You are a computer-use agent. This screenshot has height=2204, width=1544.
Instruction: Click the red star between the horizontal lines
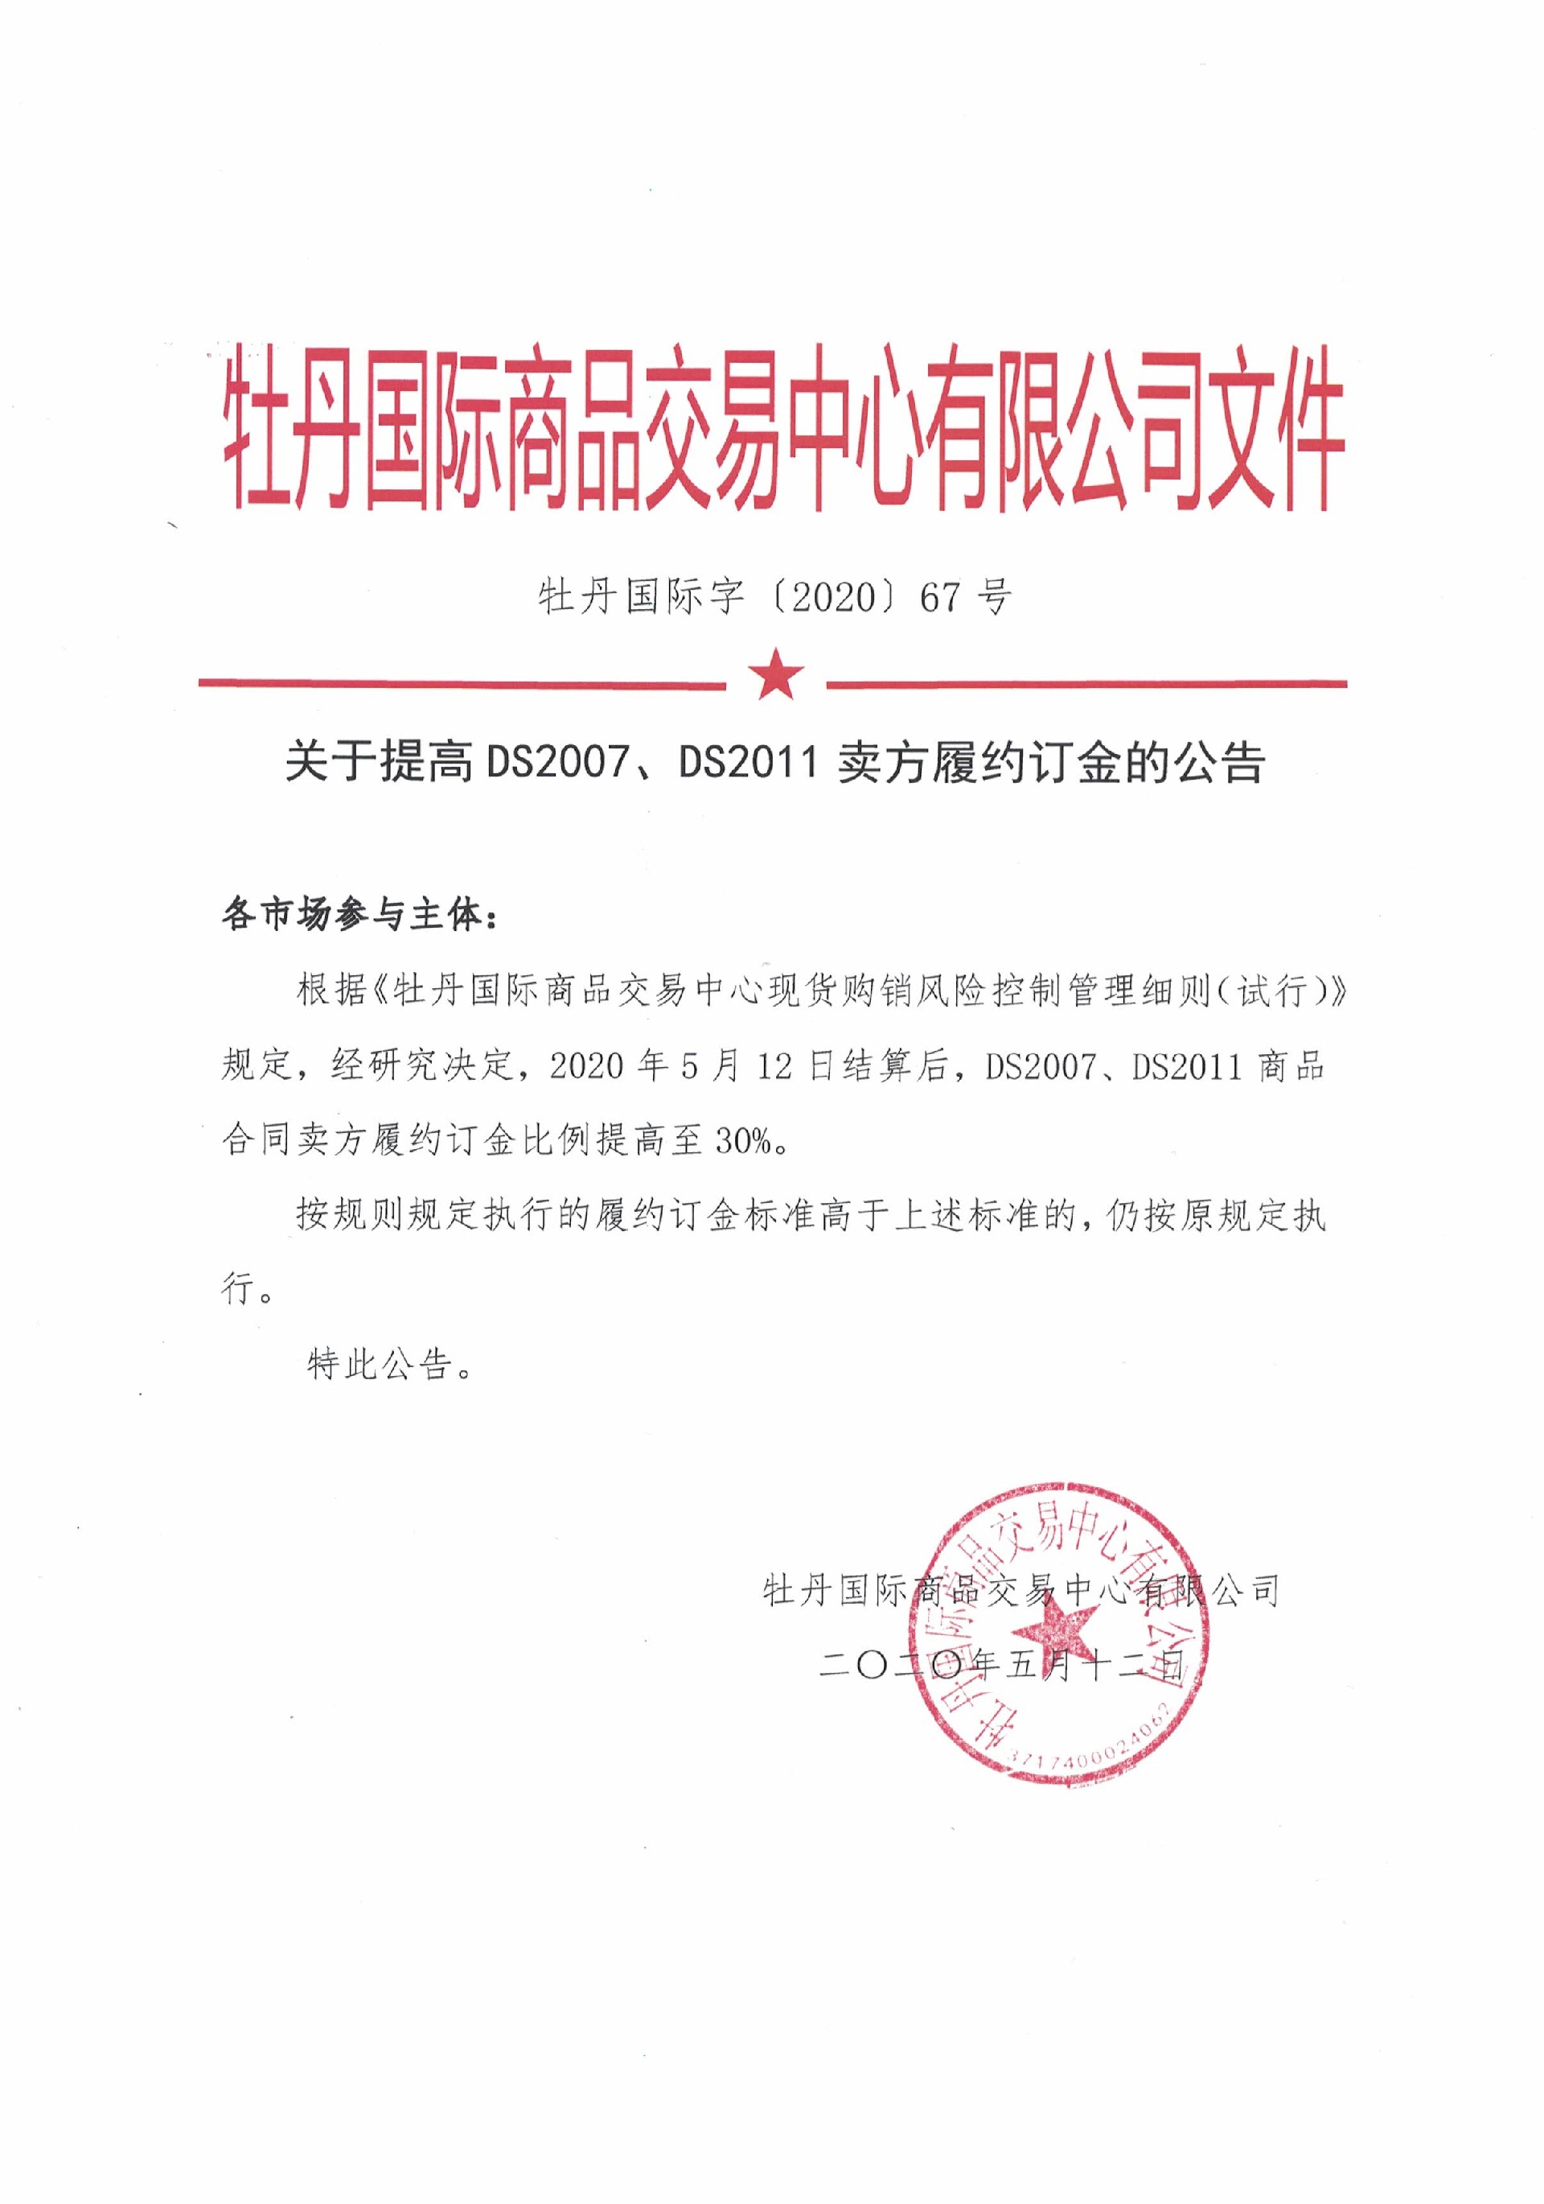coord(776,675)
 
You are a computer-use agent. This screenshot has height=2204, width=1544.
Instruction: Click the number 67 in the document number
coord(939,598)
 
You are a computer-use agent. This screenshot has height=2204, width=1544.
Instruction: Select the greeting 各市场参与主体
coord(351,916)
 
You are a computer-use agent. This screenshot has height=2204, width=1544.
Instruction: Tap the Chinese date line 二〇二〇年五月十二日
coord(1001,1666)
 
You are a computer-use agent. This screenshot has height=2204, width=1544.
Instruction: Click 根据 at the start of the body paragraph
coord(331,991)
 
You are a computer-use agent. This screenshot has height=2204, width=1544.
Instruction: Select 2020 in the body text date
coord(587,1065)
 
